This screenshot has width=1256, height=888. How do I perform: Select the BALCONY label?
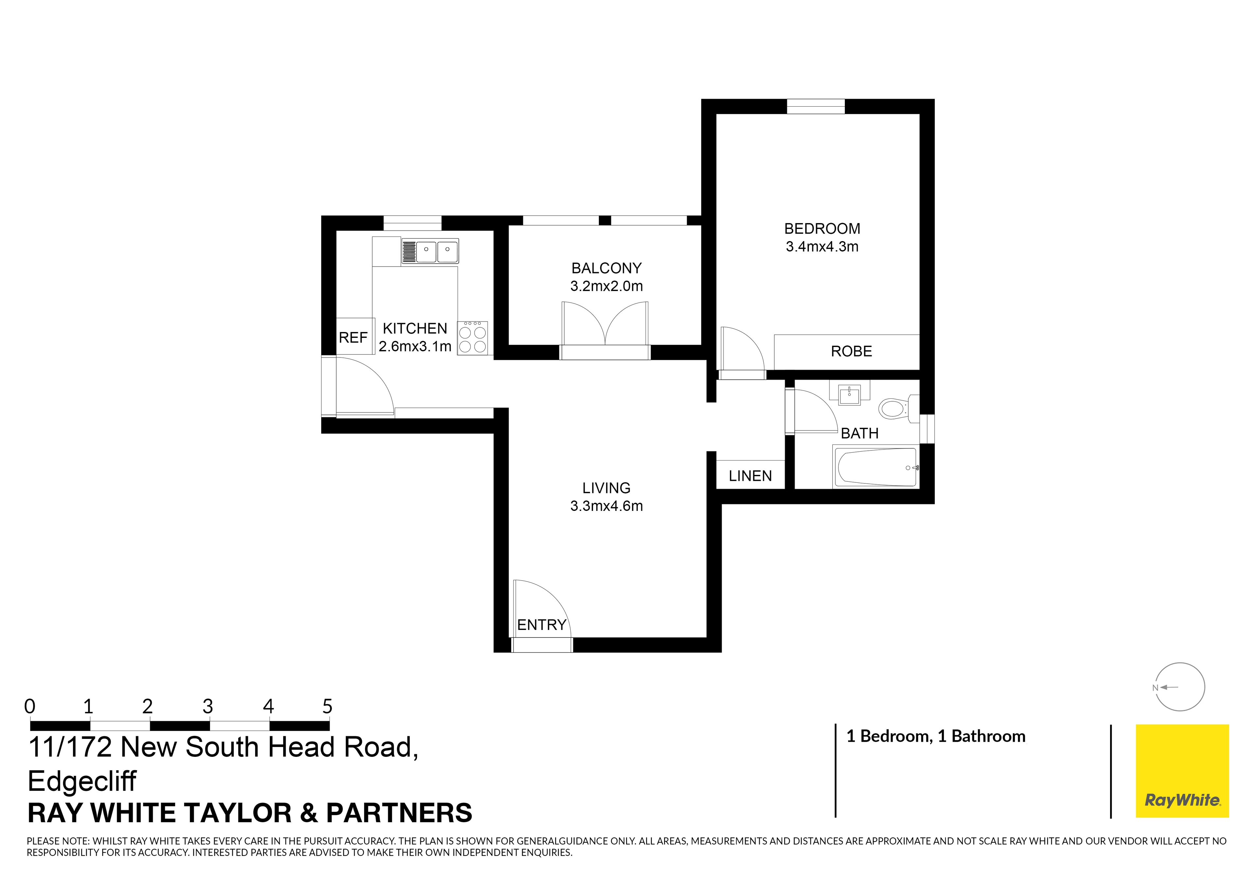[606, 268]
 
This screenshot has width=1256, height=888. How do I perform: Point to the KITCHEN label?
[415, 328]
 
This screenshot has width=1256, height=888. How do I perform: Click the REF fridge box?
[353, 337]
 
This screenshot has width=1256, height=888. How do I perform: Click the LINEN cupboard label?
[750, 476]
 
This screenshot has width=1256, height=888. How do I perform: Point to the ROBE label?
[851, 351]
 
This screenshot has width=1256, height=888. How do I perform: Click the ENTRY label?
[542, 625]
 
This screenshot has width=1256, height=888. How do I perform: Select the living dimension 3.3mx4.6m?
[606, 506]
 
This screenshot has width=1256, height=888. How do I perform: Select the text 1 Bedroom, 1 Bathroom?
[935, 737]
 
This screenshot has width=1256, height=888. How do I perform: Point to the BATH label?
[859, 433]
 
